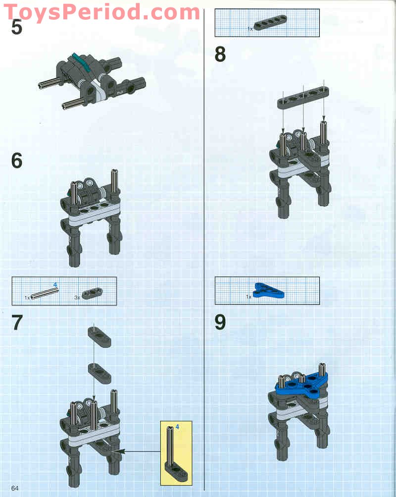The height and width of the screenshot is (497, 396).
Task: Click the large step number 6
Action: [x=17, y=161]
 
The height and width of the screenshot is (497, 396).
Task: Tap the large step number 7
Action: [x=17, y=323]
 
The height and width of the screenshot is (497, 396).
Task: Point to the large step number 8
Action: [x=220, y=54]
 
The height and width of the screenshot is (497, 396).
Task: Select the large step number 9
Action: [x=220, y=322]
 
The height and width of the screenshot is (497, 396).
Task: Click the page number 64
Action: [x=15, y=488]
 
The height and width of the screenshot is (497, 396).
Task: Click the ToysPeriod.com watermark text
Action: [x=101, y=13]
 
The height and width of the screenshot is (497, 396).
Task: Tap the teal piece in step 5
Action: [x=81, y=62]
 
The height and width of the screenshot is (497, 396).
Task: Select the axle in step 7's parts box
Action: [x=45, y=293]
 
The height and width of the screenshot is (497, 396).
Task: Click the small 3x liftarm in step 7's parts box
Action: [x=92, y=293]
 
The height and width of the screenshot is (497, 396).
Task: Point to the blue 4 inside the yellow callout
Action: [x=177, y=427]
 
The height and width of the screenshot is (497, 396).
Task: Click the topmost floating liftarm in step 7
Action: [x=99, y=337]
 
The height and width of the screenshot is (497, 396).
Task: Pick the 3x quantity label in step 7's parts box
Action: [x=77, y=297]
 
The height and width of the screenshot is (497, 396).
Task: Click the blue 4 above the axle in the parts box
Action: [x=55, y=284]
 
